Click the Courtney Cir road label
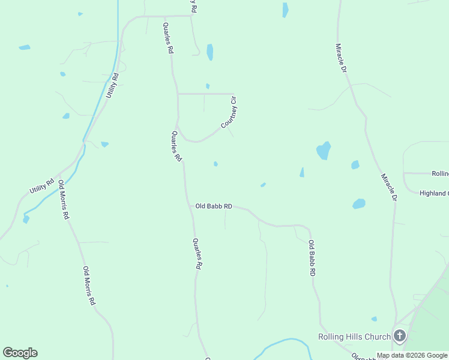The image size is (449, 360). pyautogui.click(x=230, y=113)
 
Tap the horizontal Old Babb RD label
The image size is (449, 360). pyautogui.click(x=214, y=206)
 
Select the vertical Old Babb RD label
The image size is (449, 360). pyautogui.click(x=312, y=258)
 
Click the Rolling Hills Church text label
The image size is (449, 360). pyautogui.click(x=354, y=337)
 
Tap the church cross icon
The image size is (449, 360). pyautogui.click(x=400, y=337)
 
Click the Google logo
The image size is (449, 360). pyautogui.click(x=20, y=353)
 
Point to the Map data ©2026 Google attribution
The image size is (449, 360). pyautogui.click(x=412, y=355)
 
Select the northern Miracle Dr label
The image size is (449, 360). pyautogui.click(x=341, y=58)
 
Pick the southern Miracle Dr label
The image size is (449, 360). pyautogui.click(x=389, y=187)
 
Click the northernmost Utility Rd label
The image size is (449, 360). pyautogui.click(x=112, y=85)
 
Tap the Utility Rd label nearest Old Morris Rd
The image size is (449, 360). pyautogui.click(x=42, y=186)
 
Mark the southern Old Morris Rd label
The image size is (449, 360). pyautogui.click(x=89, y=286)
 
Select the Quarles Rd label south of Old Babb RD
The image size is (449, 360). pyautogui.click(x=196, y=254)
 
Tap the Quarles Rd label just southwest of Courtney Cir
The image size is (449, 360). pyautogui.click(x=176, y=147)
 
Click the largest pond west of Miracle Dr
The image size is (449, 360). pyautogui.click(x=324, y=151)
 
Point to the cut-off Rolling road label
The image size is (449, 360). pyautogui.click(x=440, y=173)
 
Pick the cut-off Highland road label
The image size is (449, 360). pyautogui.click(x=433, y=193)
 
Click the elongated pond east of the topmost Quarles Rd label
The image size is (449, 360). pyautogui.click(x=209, y=52)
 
